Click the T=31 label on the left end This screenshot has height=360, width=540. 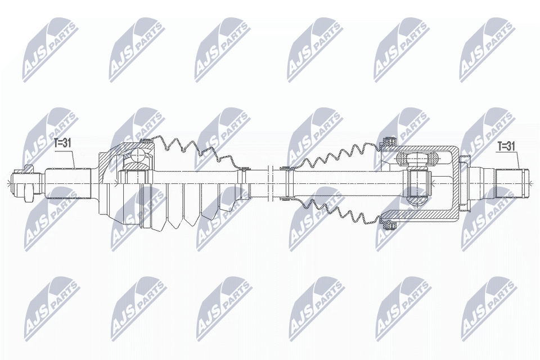(62, 143)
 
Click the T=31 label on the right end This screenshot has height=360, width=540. (506, 147)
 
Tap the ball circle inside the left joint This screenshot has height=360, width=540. (139, 156)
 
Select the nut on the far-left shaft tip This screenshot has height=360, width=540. (28, 183)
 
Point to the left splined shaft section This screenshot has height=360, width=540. (69, 183)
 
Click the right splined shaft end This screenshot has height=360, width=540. (511, 183)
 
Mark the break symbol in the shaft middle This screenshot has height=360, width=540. (270, 183)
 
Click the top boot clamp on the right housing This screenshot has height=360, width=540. (389, 141)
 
